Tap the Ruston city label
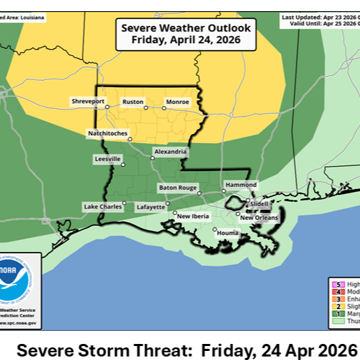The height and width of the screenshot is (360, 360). [133, 101]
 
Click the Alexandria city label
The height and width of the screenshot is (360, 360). [170, 151]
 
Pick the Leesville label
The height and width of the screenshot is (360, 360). [107, 159]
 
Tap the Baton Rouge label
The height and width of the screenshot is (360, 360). [177, 187]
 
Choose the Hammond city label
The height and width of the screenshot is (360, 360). [240, 185]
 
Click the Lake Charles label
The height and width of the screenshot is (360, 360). [102, 207]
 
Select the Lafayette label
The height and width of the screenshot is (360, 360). [151, 207]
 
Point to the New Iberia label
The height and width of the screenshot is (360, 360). [194, 216]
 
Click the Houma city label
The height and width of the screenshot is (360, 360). [227, 231]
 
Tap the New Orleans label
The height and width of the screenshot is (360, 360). [259, 218]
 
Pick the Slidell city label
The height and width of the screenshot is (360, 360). [259, 203]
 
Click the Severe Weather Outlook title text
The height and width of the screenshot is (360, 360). [186, 33]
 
